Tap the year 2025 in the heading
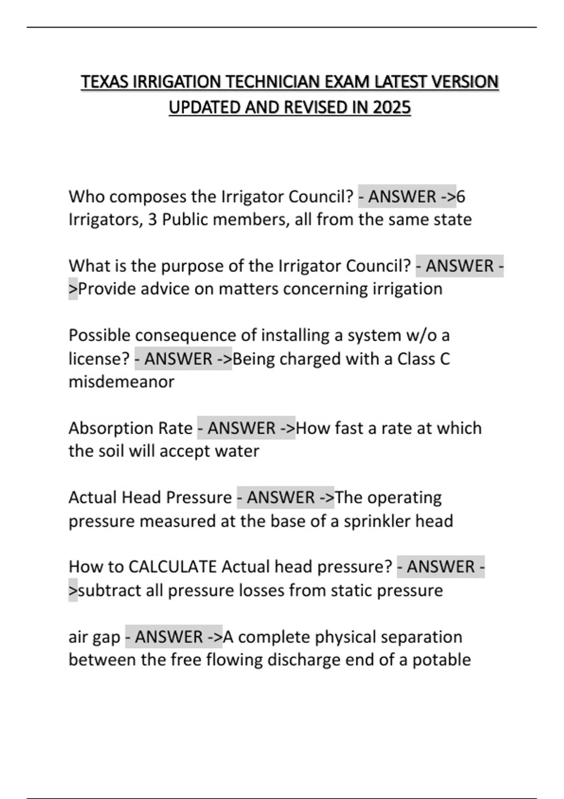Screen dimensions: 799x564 pyautogui.click(x=392, y=108)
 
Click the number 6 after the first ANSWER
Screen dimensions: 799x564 pyautogui.click(x=461, y=196)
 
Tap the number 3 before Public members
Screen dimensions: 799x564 pyautogui.click(x=152, y=219)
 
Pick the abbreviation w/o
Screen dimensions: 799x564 pyautogui.click(x=421, y=335)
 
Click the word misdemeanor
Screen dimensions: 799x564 pyautogui.click(x=121, y=382)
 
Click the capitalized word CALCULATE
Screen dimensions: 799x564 pyautogui.click(x=172, y=567)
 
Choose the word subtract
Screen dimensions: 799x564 pyautogui.click(x=109, y=590)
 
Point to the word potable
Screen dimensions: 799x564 pyautogui.click(x=441, y=660)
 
